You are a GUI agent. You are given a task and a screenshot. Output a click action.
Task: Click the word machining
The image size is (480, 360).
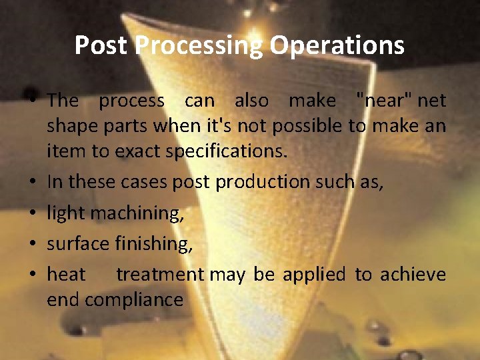(137, 213)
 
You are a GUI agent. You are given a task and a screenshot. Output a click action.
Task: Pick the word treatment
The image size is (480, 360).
(160, 275)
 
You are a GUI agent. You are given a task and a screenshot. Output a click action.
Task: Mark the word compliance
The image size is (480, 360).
(133, 299)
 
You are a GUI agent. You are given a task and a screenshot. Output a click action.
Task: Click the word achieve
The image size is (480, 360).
(413, 275)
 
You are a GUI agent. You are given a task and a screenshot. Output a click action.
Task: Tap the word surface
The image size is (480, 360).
(77, 244)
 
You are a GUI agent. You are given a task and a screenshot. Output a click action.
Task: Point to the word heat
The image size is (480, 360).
(66, 275)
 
